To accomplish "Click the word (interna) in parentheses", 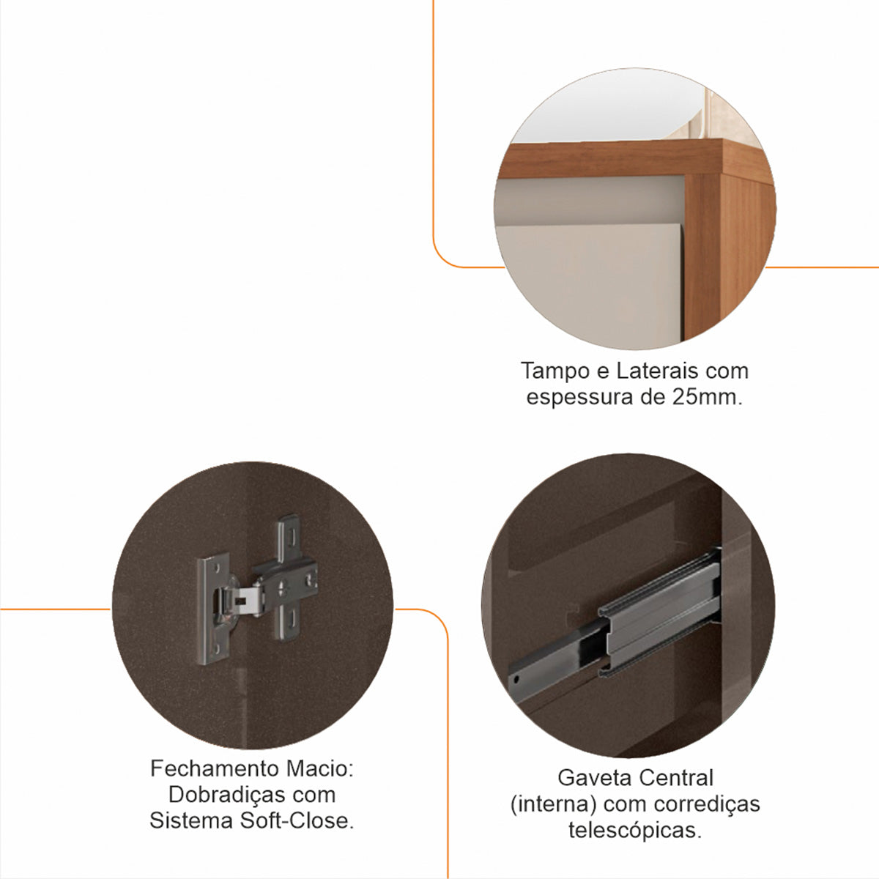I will (x=552, y=804).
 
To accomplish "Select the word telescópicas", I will (x=634, y=830).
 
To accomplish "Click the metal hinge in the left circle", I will (x=260, y=586).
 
